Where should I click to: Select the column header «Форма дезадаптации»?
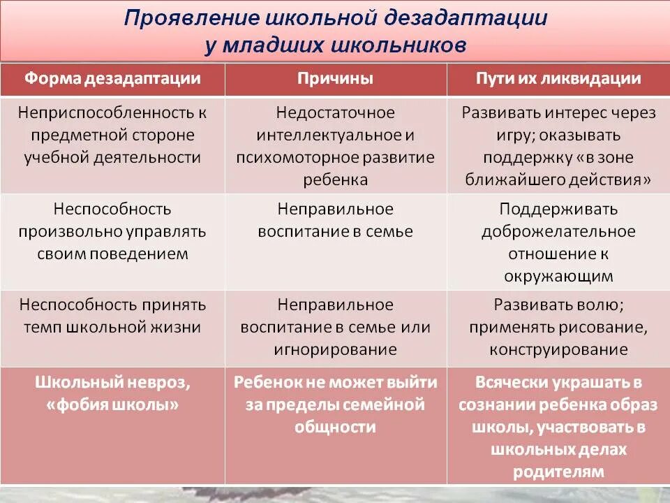pos(112,78)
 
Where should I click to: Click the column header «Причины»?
pos(335,78)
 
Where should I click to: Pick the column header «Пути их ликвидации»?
pos(558,78)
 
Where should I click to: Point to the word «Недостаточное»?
pos(335,112)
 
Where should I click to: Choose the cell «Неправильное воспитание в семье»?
pos(335,220)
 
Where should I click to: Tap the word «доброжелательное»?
pos(558,231)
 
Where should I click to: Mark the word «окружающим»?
pos(558,276)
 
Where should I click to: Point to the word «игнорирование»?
pos(335,349)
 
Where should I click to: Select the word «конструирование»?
pos(558,349)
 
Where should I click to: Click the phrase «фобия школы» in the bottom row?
pos(112,404)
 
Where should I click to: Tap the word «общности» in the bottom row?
pos(335,427)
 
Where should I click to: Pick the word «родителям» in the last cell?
pos(558,472)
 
